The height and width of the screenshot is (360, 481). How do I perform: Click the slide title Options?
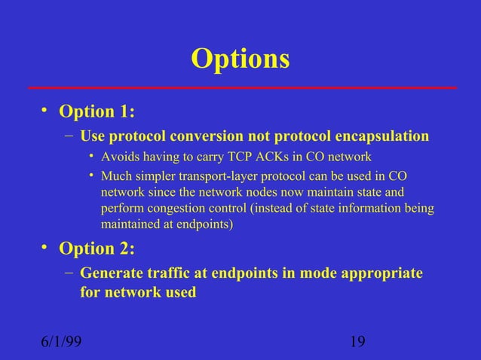pyautogui.click(x=240, y=59)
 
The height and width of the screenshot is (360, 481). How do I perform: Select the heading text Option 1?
pyautogui.click(x=97, y=112)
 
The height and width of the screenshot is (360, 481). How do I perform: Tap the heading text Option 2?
pyautogui.click(x=97, y=249)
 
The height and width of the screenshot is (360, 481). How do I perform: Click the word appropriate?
pyautogui.click(x=381, y=273)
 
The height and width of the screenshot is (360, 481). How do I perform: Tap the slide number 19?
pyautogui.click(x=358, y=343)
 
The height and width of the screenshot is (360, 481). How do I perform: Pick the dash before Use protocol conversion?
pyautogui.click(x=69, y=136)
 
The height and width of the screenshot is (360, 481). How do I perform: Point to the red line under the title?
pyautogui.click(x=240, y=88)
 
